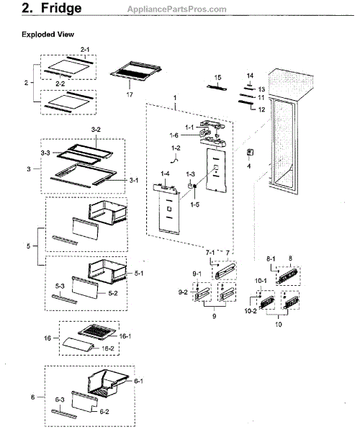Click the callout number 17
coord(130,94)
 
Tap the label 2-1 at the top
coord(85,50)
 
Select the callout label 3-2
coord(96,130)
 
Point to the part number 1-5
coord(194,204)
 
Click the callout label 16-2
coord(108,348)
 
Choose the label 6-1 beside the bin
coord(138,381)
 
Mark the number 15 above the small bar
coord(217,78)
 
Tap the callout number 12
coord(261,109)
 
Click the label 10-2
coord(251,311)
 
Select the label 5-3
coord(60,287)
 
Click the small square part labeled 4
coord(250,153)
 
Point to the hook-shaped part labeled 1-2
coord(175,159)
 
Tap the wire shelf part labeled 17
coord(135,71)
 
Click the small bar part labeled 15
coord(217,88)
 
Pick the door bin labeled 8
coord(288,276)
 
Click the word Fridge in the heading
coord(61,8)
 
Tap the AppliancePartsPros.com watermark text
coord(177,9)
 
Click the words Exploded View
coord(48,35)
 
